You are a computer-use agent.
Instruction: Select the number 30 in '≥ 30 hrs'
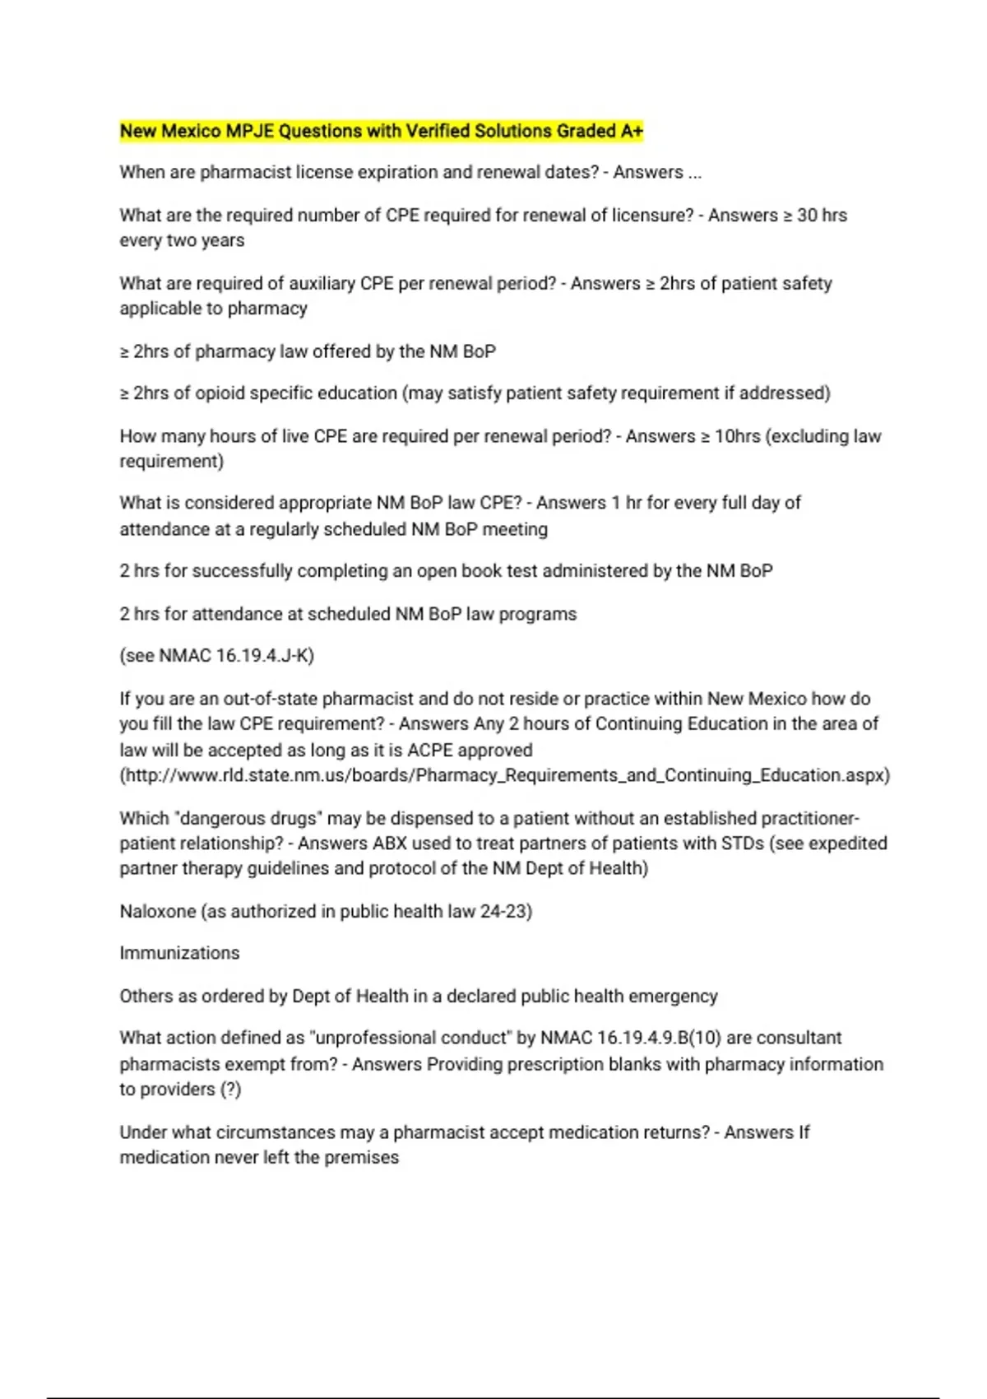click(807, 216)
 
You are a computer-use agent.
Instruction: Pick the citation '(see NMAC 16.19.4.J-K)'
click(216, 656)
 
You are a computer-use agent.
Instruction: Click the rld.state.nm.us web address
click(504, 775)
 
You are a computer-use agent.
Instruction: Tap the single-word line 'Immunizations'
click(179, 953)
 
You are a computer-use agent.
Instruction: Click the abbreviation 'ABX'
click(390, 844)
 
